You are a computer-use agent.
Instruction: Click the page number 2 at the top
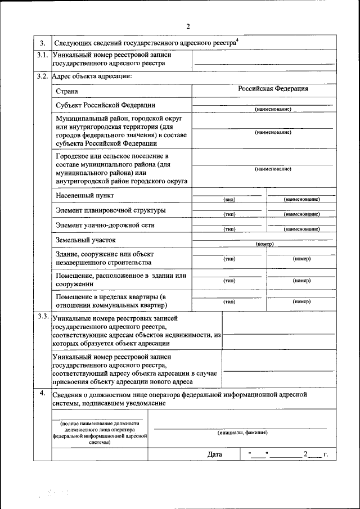pyautogui.click(x=188, y=26)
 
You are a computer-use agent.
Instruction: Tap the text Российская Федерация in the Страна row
pyautogui.click(x=272, y=89)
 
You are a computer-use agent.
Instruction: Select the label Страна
pyautogui.click(x=67, y=91)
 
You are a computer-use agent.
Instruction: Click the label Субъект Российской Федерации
pyautogui.click(x=106, y=105)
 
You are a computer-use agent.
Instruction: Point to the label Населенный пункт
pyautogui.click(x=85, y=195)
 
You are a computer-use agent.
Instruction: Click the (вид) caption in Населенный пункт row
pyautogui.click(x=229, y=200)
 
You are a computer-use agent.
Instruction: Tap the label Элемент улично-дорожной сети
pyautogui.click(x=105, y=225)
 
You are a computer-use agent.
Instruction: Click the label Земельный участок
pyautogui.click(x=85, y=240)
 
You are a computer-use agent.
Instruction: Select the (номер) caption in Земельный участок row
pyautogui.click(x=264, y=244)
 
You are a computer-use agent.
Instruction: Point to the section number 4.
pyautogui.click(x=42, y=393)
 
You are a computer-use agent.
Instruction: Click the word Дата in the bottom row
pyautogui.click(x=214, y=454)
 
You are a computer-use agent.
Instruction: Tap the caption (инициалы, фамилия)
pyautogui.click(x=242, y=433)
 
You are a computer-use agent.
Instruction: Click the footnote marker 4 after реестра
pyautogui.click(x=237, y=39)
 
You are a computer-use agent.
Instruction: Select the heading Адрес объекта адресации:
pyautogui.click(x=92, y=76)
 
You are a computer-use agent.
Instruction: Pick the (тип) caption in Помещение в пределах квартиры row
pyautogui.click(x=229, y=301)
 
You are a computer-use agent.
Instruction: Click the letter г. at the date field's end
pyautogui.click(x=325, y=454)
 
